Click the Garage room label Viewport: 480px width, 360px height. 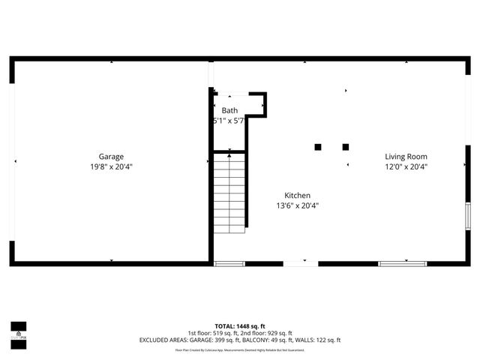111,157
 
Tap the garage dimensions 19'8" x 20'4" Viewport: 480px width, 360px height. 111,167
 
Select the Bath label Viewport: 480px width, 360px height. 229,110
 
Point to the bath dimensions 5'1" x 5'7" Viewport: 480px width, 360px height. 229,121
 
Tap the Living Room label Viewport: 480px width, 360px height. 406,157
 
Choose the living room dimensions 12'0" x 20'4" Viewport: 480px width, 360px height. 406,167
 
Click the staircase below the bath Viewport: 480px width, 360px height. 229,191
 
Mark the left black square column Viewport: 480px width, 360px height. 318,147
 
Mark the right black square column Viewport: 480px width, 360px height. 346,147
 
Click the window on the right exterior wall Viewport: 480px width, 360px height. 467,218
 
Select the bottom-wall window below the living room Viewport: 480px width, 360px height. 402,263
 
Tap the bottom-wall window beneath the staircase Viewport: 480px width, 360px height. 229,263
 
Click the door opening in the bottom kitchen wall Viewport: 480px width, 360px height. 300,263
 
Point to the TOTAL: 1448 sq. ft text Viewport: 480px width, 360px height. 240,327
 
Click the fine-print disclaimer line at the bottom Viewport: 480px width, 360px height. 240,350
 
